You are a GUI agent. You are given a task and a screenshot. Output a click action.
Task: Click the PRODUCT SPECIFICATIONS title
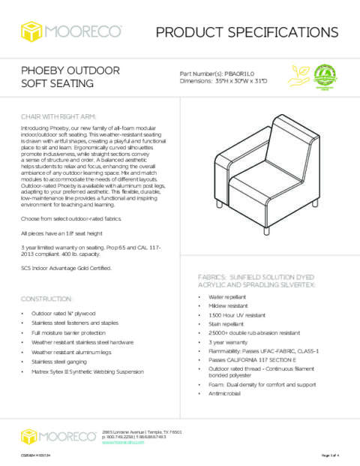click(247, 31)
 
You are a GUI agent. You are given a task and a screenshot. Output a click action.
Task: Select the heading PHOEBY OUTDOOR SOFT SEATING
click(70, 77)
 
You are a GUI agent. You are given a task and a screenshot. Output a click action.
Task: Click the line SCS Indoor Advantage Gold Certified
click(67, 268)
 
